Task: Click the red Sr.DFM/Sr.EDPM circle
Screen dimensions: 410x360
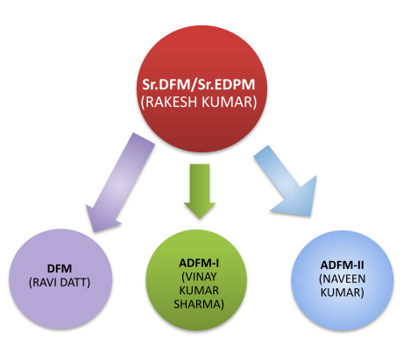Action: pos(201,89)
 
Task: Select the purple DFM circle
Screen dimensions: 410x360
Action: pos(60,279)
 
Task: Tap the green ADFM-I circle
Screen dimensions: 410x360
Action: pos(196,280)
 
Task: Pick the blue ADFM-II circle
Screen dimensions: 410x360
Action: pos(343,280)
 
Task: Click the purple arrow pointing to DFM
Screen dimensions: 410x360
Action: pos(120,183)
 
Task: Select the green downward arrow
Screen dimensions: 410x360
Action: pos(200,191)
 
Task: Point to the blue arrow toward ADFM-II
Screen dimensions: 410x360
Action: pos(286,182)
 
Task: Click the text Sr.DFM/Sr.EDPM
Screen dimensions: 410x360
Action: pos(199,84)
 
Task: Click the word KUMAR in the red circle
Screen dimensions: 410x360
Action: pos(230,102)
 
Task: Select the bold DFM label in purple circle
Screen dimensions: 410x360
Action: pos(60,269)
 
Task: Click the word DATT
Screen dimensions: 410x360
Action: pos(74,283)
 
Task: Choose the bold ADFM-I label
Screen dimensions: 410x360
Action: pos(199,264)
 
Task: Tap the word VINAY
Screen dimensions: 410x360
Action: pos(199,277)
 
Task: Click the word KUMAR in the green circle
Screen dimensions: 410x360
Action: pos(199,291)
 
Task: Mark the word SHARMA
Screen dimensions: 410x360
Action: pos(199,305)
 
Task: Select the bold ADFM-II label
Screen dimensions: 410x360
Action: pos(343,265)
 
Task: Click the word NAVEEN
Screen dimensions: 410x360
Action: pos(343,279)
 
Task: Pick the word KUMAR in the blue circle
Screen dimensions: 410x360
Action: pos(343,293)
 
